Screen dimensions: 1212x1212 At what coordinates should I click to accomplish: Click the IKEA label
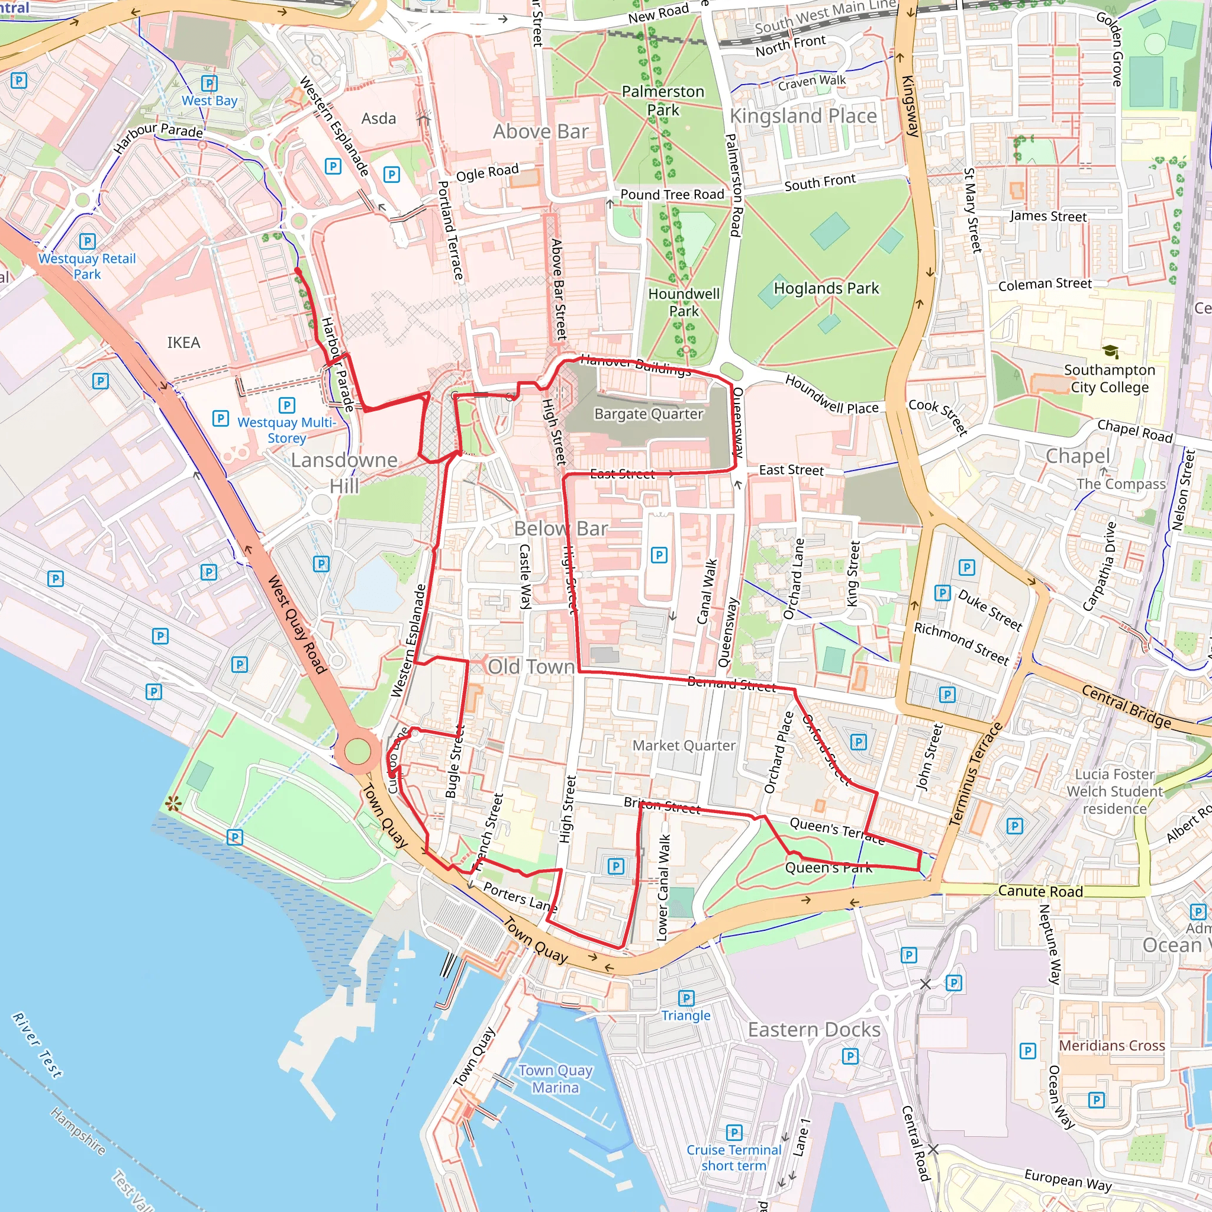[183, 343]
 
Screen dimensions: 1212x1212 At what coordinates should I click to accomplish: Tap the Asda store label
[378, 118]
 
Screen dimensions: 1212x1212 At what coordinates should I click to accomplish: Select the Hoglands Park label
[826, 289]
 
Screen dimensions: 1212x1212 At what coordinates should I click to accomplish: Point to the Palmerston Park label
[662, 101]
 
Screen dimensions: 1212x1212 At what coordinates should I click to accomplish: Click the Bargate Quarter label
[649, 414]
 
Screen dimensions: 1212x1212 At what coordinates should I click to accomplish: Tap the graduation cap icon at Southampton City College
[1110, 352]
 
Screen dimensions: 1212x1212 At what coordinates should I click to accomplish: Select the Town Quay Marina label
[555, 1078]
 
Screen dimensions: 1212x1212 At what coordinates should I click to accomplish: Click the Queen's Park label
[828, 868]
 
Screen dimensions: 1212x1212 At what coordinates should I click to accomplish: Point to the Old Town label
[531, 667]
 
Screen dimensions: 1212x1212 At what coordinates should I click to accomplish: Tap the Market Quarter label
[684, 745]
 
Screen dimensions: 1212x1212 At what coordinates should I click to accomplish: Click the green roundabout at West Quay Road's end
[357, 752]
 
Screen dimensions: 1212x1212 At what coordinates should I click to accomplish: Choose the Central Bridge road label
[1126, 707]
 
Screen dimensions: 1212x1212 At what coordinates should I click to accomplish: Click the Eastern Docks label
[814, 1030]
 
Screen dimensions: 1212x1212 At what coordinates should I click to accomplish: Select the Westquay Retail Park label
[87, 266]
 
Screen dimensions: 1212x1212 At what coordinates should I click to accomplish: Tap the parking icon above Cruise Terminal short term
[733, 1132]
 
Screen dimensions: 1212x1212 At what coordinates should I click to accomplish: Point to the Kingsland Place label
[803, 116]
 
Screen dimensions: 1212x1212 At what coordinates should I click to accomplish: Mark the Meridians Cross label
[1111, 1046]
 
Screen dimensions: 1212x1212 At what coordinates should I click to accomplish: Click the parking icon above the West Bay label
[209, 83]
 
